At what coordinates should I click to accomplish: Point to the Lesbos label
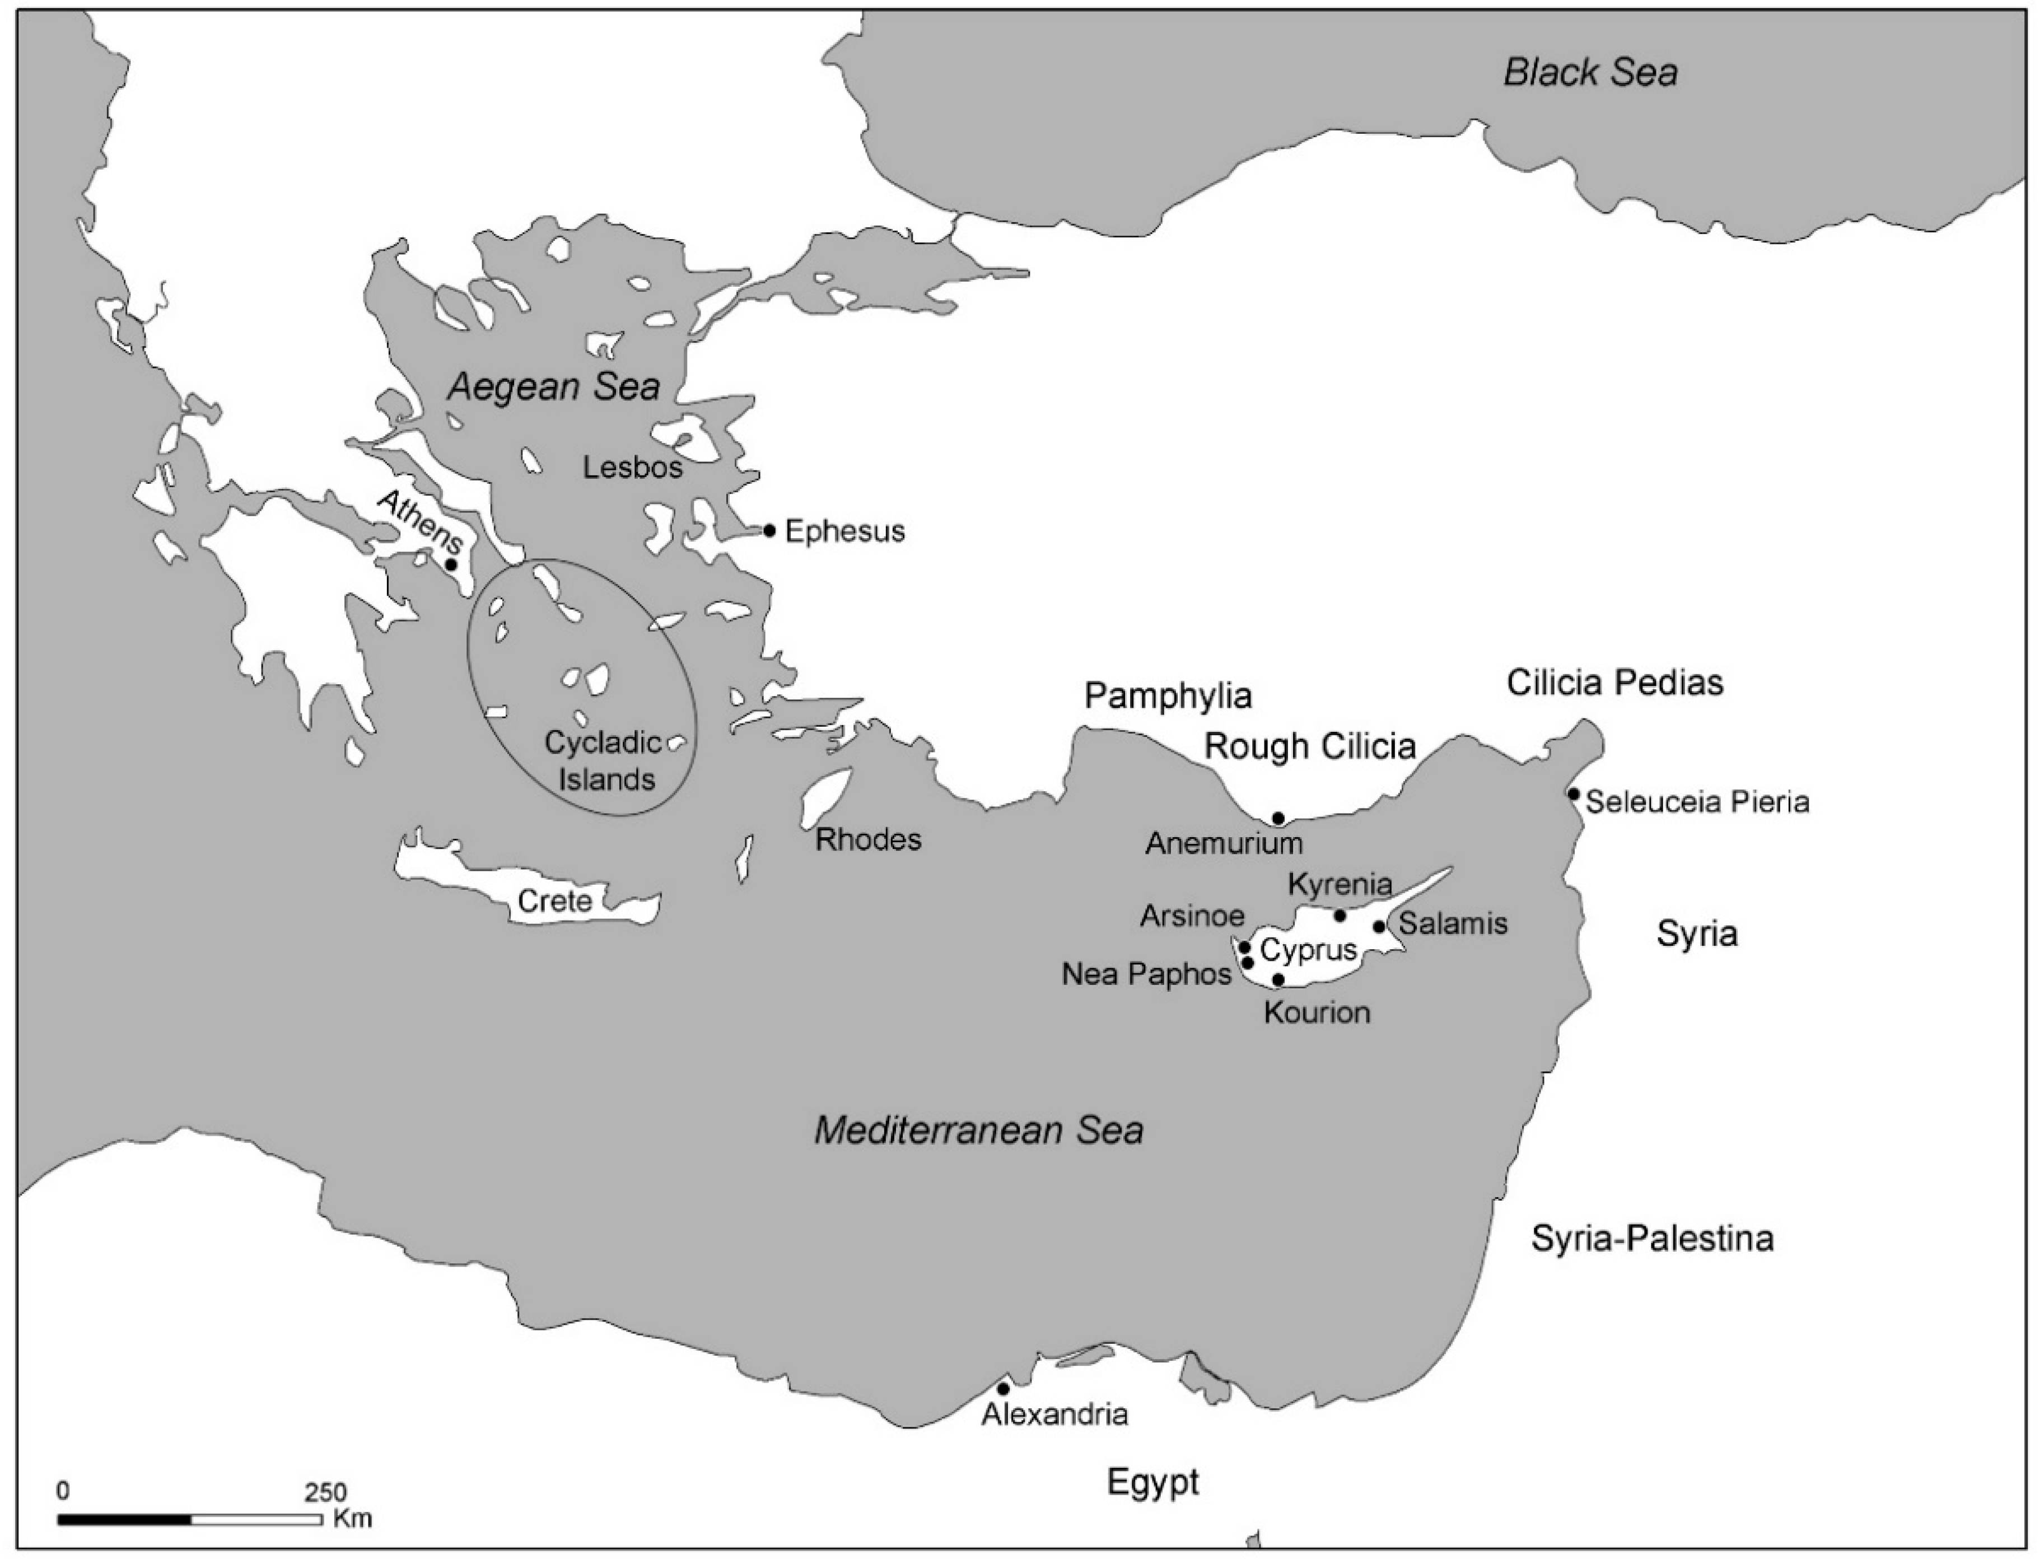[x=633, y=468]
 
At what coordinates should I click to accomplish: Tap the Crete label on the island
[x=555, y=901]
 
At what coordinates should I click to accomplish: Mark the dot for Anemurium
[x=1278, y=818]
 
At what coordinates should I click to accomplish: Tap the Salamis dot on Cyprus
[x=1379, y=926]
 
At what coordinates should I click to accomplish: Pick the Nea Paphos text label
[x=1147, y=975]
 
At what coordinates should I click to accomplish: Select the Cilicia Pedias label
[x=1615, y=683]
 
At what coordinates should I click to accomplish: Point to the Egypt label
[x=1152, y=1482]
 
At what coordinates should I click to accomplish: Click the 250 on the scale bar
[x=325, y=1492]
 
